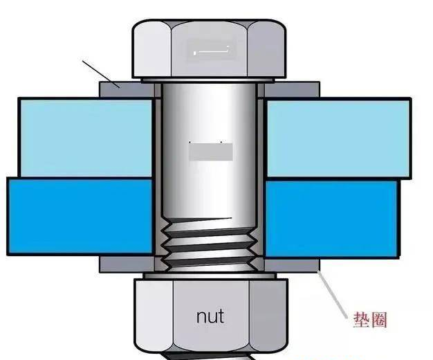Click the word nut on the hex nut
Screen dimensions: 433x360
[x=210, y=317]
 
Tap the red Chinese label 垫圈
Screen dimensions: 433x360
[x=371, y=320]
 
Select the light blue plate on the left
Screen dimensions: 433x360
[x=86, y=137]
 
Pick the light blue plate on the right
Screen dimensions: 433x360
[x=338, y=138]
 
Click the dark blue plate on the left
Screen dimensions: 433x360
[x=80, y=216]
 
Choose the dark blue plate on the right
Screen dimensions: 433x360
[x=332, y=219]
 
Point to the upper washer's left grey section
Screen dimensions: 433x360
[x=127, y=89]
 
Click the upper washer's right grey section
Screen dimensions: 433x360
[x=292, y=89]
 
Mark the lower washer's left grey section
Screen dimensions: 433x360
[x=127, y=264]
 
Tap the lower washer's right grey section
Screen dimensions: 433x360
[x=292, y=265]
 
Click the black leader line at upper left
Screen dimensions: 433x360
[x=102, y=73]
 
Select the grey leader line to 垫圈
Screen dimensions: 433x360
[x=332, y=295]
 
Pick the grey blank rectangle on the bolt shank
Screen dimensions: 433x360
[x=211, y=152]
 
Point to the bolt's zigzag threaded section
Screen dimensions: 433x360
[x=210, y=244]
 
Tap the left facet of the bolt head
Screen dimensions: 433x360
[x=152, y=49]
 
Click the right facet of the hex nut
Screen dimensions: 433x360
[x=267, y=315]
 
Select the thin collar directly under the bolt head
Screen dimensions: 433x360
[x=208, y=80]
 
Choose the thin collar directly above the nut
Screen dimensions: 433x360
[x=210, y=276]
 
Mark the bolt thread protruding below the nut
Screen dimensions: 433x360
[x=207, y=356]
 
